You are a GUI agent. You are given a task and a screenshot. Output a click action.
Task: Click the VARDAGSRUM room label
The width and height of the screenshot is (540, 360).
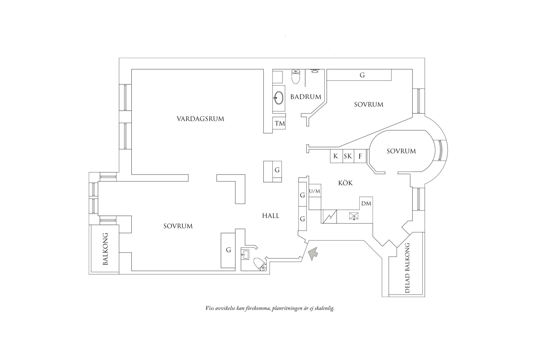tap(200, 119)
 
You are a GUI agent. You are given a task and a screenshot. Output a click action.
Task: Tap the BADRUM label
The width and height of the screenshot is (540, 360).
tap(305, 97)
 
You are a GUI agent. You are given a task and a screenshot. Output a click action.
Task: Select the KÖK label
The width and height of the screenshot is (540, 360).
tap(346, 183)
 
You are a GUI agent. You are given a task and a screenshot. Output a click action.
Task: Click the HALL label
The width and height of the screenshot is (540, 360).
tap(271, 216)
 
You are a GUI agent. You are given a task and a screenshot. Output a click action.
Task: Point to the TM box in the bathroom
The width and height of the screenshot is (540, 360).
tap(280, 123)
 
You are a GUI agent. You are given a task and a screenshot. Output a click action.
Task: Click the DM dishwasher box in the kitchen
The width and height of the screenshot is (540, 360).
tap(366, 204)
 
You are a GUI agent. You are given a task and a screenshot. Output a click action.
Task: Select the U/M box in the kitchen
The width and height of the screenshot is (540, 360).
tap(315, 191)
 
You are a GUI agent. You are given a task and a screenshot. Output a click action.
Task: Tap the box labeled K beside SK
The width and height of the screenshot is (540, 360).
tap(336, 156)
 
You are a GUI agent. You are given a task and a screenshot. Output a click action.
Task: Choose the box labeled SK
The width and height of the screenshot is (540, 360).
tap(348, 156)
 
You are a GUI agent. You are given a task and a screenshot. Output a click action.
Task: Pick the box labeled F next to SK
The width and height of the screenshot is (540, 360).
tap(360, 156)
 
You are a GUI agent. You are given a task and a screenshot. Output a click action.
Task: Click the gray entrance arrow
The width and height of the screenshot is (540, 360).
tap(313, 254)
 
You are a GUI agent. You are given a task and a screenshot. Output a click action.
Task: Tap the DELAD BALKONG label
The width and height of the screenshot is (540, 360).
tap(407, 268)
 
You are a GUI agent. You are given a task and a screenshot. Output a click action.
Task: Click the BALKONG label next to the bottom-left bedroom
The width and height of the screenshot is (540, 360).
tap(105, 249)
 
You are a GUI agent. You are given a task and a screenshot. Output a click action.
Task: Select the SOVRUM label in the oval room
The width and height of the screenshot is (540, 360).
tap(401, 151)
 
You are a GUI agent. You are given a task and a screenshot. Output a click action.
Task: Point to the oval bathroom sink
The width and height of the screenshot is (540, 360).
tap(279, 98)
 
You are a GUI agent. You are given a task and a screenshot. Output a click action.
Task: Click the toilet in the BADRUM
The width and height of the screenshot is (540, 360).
tap(295, 76)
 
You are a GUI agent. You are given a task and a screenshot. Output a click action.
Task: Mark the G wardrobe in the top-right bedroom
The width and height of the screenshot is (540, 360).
tap(362, 75)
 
